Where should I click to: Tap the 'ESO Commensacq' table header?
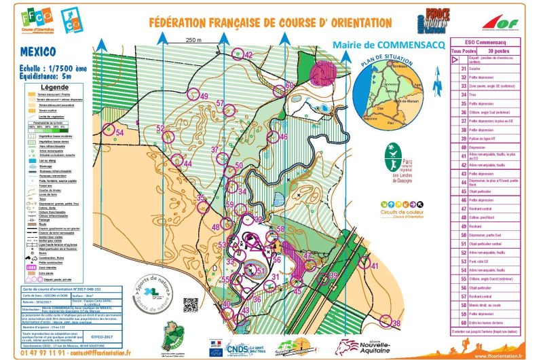click(485, 42)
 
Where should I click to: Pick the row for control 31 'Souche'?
click(485, 69)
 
